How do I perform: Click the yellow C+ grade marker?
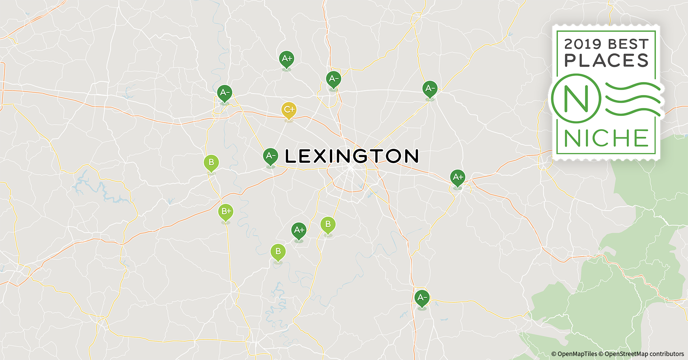pyautogui.click(x=289, y=110)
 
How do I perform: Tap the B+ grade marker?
pyautogui.click(x=225, y=212)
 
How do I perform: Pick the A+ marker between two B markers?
pyautogui.click(x=299, y=230)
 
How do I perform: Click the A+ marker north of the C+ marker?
pyautogui.click(x=286, y=59)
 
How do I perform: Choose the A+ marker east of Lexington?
pyautogui.click(x=457, y=178)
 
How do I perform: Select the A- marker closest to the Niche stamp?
pyautogui.click(x=430, y=89)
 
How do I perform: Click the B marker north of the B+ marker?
pyautogui.click(x=211, y=163)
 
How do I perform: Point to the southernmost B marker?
pyautogui.click(x=278, y=252)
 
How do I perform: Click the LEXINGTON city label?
pyautogui.click(x=352, y=156)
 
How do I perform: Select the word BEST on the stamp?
pyautogui.click(x=628, y=44)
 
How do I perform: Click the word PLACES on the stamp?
pyautogui.click(x=606, y=60)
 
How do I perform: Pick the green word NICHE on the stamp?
pyautogui.click(x=606, y=138)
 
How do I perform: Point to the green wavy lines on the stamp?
pyautogui.click(x=632, y=99)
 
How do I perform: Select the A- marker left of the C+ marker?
pyautogui.click(x=224, y=93)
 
